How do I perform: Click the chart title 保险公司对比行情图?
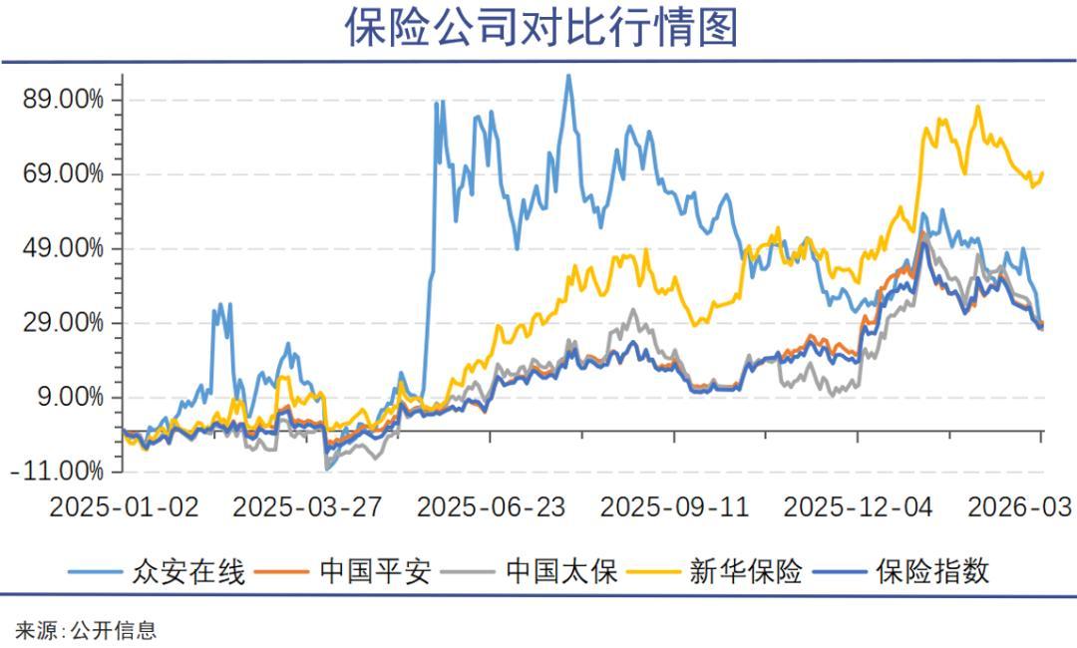540,28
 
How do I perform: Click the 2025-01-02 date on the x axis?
124,507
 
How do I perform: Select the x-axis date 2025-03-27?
307,507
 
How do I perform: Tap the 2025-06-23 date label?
491,507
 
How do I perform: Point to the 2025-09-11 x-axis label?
674,507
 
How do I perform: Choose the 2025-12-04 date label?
858,507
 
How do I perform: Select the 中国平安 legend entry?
375,572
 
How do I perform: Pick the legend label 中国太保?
561,572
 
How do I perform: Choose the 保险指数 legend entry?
932,572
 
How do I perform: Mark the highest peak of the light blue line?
568,75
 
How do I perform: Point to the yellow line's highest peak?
977,107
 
